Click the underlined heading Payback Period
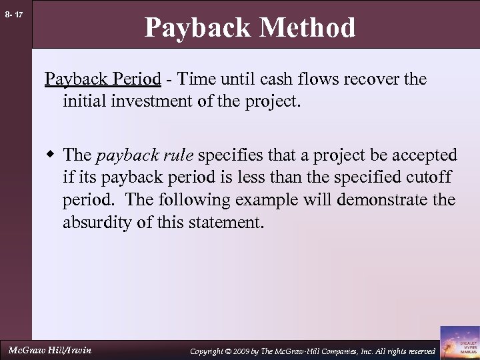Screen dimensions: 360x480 tap(103, 79)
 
